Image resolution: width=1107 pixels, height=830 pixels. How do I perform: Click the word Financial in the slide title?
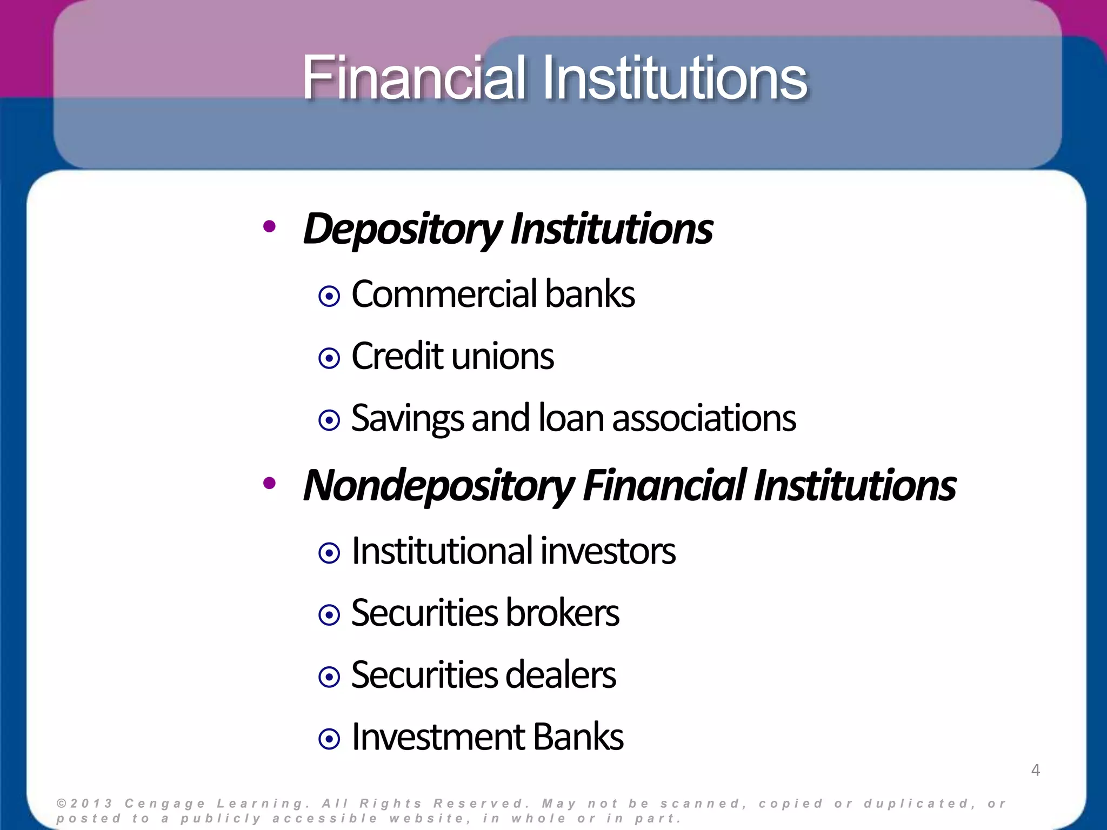(x=414, y=78)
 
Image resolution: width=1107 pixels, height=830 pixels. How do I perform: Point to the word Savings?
(x=407, y=419)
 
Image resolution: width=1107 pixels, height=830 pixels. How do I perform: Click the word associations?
(x=704, y=419)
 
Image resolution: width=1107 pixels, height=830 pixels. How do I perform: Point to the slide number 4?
(x=1035, y=770)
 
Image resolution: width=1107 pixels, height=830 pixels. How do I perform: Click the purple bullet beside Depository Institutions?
(x=269, y=227)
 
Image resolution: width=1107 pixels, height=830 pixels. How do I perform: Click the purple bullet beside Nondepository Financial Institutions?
(x=269, y=484)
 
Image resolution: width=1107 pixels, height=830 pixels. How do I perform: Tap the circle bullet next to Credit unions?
(x=329, y=358)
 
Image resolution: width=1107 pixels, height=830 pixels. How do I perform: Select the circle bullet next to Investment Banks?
(x=329, y=739)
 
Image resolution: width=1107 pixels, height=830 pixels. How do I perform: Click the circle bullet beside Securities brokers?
(x=329, y=615)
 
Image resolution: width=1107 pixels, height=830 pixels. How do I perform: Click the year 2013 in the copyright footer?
(x=91, y=804)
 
